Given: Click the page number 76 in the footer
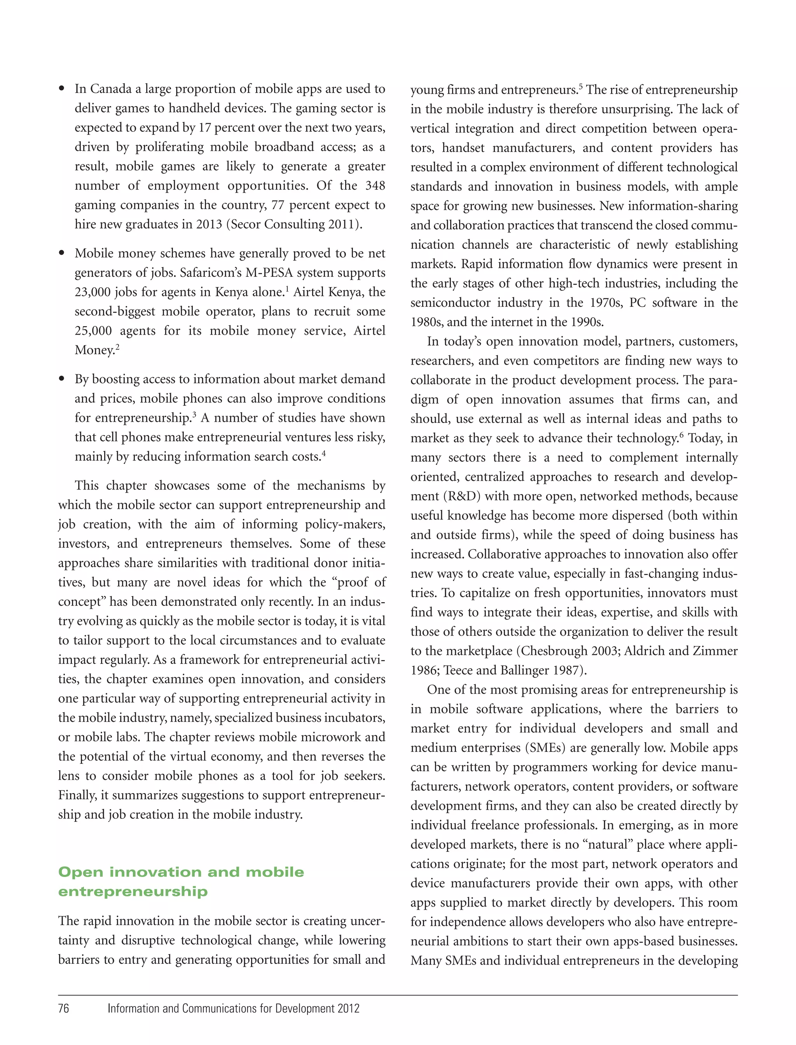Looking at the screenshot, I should pos(63,1008).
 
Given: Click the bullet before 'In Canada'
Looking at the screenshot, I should pos(61,89).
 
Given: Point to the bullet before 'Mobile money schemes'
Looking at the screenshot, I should pos(61,253).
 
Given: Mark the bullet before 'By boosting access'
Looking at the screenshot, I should pos(61,379).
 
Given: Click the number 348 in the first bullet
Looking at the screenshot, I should pos(375,185).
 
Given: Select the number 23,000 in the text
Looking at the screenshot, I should pos(93,292).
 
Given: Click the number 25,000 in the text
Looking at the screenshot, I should pos(93,331).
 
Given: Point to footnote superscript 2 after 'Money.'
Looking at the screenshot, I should pos(117,347).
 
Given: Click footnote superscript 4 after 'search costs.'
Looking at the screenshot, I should pos(324,453).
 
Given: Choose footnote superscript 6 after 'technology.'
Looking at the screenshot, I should pos(681,435).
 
